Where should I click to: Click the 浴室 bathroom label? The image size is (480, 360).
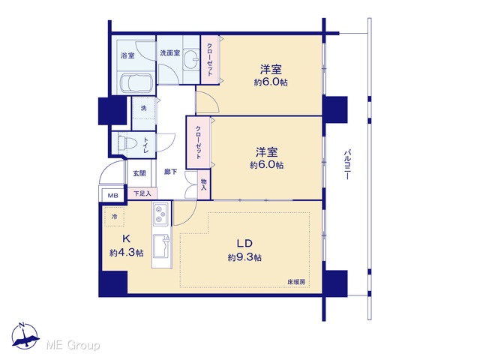pyautogui.click(x=127, y=55)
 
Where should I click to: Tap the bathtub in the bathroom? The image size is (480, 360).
pyautogui.click(x=135, y=82)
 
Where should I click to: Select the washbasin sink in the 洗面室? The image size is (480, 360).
pyautogui.click(x=192, y=58)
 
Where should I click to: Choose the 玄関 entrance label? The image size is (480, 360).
pyautogui.click(x=139, y=173)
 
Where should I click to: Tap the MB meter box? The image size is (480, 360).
pyautogui.click(x=112, y=195)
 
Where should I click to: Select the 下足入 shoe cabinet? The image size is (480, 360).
pyautogui.click(x=142, y=193)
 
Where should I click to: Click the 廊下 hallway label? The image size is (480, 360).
pyautogui.click(x=170, y=172)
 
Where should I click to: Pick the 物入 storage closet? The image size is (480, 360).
pyautogui.click(x=204, y=185)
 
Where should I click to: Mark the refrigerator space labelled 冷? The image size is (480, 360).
pyautogui.click(x=114, y=217)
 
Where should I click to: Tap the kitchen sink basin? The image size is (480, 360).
pyautogui.click(x=161, y=246)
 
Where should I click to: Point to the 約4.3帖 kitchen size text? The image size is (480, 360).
pyautogui.click(x=127, y=253)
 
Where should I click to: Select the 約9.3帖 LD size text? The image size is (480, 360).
pyautogui.click(x=244, y=257)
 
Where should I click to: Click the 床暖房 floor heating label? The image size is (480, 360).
pyautogui.click(x=296, y=282)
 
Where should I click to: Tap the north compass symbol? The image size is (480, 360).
pyautogui.click(x=25, y=335)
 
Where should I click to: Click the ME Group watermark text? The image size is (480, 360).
pyautogui.click(x=73, y=345)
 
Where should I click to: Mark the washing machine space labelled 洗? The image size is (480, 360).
pyautogui.click(x=143, y=108)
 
